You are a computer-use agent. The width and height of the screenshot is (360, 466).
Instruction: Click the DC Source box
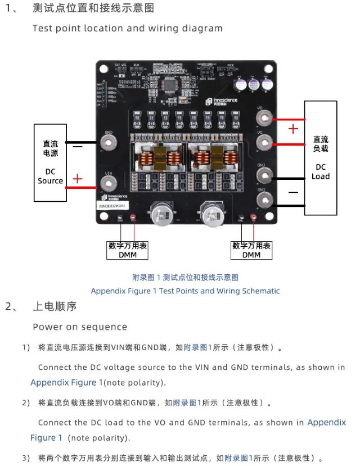click(x=50, y=162)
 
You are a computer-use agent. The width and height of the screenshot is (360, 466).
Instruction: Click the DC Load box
click(x=321, y=158)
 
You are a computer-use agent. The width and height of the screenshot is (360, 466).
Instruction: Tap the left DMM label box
click(x=128, y=250)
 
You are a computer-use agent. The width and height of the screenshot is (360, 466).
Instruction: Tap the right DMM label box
click(x=251, y=250)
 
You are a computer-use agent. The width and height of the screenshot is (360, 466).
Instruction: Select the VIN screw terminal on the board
click(x=108, y=183)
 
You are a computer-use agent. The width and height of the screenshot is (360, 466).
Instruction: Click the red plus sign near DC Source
click(x=77, y=179)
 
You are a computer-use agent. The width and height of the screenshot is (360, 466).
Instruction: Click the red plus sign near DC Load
click(x=293, y=129)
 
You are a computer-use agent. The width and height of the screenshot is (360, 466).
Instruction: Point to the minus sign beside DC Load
click(x=293, y=192)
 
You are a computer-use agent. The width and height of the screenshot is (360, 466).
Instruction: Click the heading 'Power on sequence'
click(x=80, y=327)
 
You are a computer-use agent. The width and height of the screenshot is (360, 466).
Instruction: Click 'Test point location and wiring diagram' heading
click(x=127, y=28)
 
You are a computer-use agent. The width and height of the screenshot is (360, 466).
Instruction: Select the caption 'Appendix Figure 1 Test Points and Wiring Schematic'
click(x=185, y=291)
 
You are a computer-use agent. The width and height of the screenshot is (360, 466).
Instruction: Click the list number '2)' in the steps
click(x=26, y=402)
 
